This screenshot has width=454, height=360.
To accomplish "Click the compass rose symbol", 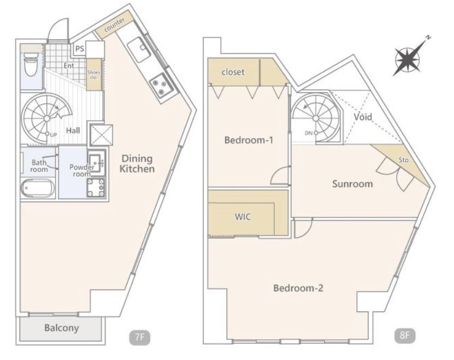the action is point(408,59).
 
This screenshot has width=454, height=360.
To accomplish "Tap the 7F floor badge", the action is point(140,338).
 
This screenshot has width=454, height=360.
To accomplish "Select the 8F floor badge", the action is point(405,336).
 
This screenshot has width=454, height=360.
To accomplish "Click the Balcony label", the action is point(61,328).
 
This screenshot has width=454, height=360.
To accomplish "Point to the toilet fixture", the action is point(30,64).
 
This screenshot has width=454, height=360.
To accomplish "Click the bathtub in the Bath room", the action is point(38,188).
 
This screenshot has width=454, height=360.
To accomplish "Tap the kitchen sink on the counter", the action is point(139,50).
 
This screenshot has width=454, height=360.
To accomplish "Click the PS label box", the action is point(80,49).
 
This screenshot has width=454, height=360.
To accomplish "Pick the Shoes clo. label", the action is point(93,75).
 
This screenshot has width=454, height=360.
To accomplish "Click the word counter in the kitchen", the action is point(115,25).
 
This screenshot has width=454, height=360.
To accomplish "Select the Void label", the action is point(363,117).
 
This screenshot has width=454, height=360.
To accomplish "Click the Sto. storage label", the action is point(404,160).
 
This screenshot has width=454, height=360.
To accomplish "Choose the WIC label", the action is point(243,217).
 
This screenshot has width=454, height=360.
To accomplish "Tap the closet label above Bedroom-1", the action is point(233,72).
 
